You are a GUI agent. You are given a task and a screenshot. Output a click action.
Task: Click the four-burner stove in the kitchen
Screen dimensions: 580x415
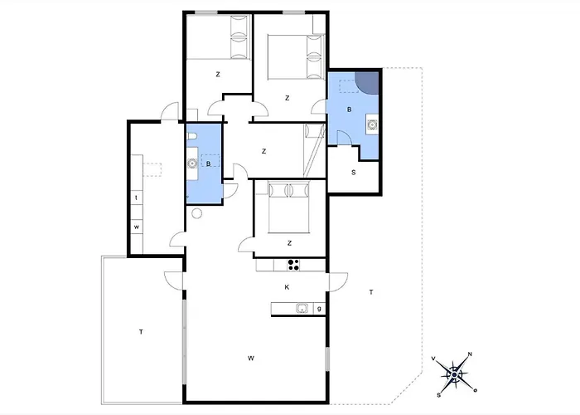point(293,265)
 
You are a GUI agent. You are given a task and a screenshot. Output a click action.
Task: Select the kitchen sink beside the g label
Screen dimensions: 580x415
point(302,308)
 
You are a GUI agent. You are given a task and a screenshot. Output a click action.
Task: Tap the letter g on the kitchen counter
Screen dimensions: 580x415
point(319,308)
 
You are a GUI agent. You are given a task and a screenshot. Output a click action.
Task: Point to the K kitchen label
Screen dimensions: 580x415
point(287,287)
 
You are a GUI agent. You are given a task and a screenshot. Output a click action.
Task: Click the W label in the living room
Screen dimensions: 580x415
point(251,358)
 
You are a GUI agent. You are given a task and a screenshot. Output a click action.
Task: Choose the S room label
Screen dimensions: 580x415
point(354,173)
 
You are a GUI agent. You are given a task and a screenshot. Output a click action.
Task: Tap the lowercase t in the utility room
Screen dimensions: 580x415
point(137,198)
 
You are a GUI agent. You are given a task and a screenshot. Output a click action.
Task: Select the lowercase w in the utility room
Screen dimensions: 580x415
point(137,227)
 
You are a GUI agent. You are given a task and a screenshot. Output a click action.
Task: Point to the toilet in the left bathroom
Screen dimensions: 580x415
point(191,137)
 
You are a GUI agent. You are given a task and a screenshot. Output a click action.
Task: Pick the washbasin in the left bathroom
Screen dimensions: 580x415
point(192,163)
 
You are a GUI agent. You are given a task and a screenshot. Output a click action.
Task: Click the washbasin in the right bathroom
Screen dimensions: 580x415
point(372,125)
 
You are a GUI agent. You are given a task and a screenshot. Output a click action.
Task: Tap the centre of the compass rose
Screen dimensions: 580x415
point(454,374)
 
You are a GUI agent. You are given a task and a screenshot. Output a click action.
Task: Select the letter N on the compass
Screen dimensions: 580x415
point(470,354)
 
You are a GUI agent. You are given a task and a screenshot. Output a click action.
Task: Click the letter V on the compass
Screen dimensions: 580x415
point(433,359)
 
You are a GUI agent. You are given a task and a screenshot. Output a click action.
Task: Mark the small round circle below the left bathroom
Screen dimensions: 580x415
point(197,213)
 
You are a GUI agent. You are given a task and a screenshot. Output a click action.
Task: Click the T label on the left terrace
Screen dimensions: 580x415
point(141,332)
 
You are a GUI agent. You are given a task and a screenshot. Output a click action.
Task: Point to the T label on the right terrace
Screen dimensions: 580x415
point(371,292)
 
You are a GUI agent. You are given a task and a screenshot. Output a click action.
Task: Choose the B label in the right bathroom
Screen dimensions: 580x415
point(349,110)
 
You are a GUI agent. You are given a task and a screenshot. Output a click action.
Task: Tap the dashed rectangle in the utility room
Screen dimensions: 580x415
point(152,169)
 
